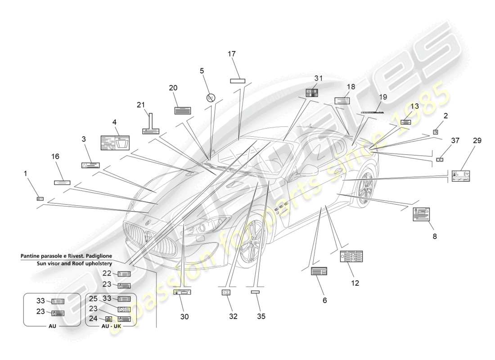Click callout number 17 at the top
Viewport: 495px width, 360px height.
(232, 54)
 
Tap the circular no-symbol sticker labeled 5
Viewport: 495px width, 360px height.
(210, 97)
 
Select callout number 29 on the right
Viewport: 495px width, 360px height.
(477, 141)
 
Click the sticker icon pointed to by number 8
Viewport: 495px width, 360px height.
(421, 214)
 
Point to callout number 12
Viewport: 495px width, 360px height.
(355, 283)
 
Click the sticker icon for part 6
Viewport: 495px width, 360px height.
(319, 271)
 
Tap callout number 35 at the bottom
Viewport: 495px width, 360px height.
(261, 316)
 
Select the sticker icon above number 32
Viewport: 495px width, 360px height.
(226, 292)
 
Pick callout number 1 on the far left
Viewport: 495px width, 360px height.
(26, 173)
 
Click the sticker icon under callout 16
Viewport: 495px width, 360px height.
(62, 183)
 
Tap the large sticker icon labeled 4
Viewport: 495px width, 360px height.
(115, 143)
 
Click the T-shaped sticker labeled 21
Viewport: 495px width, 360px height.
(149, 126)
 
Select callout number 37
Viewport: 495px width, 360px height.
(455, 141)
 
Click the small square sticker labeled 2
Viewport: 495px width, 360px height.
(436, 132)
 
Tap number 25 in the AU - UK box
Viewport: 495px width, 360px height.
(93, 299)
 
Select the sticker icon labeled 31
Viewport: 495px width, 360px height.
(312, 93)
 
